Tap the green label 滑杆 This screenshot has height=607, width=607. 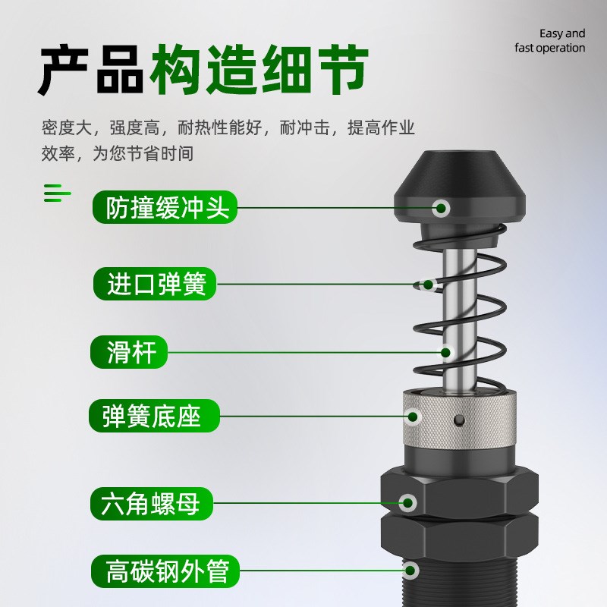[128, 352]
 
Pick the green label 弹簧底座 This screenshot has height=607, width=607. [156, 416]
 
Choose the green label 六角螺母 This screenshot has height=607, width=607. [151, 502]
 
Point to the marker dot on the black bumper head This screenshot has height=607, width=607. [442, 207]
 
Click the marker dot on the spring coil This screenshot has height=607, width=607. [427, 285]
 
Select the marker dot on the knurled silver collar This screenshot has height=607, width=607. [414, 416]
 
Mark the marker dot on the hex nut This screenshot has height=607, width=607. [408, 502]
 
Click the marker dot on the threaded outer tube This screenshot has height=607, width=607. [411, 569]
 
